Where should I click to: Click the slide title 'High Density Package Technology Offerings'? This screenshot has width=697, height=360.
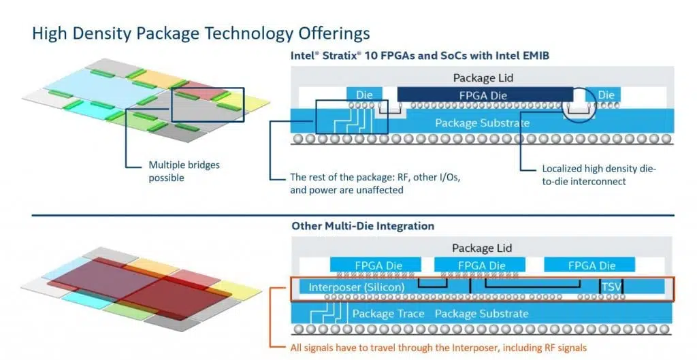(201, 34)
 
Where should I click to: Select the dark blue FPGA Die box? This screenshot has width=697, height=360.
(485, 95)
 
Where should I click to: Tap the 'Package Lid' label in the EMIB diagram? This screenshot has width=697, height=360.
(483, 78)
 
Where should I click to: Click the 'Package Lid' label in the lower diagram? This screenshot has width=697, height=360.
(482, 248)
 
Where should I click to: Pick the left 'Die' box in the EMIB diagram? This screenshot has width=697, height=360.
(364, 95)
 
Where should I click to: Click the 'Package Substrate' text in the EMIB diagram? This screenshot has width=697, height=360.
(483, 123)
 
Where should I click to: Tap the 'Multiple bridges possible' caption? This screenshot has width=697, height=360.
(184, 171)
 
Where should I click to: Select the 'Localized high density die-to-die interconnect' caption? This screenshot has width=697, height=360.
(599, 175)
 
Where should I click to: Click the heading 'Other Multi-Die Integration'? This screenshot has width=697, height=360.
(363, 226)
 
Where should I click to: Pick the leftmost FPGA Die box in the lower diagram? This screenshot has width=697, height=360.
(375, 265)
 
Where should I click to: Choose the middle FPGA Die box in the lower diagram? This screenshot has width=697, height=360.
(480, 265)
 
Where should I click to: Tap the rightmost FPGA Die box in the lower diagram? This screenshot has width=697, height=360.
(589, 265)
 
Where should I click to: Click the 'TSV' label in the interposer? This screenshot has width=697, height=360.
(611, 287)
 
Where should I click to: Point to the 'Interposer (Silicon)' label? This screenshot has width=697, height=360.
(357, 287)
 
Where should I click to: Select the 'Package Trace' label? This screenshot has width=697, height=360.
(388, 314)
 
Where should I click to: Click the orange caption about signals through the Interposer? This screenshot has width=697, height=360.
(438, 348)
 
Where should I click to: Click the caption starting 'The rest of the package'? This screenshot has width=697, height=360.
(376, 184)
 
